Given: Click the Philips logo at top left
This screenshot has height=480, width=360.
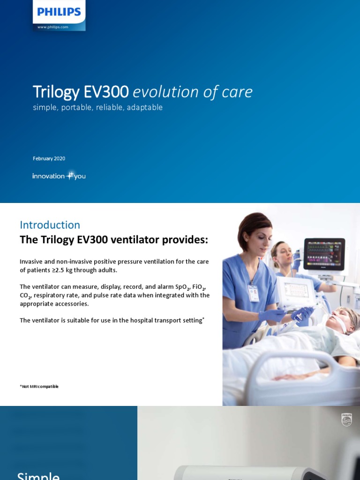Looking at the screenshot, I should coord(59,12).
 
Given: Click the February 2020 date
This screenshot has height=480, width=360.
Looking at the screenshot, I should coord(49,158).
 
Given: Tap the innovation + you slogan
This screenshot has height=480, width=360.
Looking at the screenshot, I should coord(59,176).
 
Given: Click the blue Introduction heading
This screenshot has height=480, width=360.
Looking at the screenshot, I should coord(50,225).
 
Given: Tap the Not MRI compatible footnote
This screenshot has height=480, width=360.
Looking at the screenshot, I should coord(39,386).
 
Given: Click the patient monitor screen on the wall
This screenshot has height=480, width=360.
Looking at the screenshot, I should coord(324,254).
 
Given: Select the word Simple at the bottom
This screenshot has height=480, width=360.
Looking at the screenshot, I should coord(38,475).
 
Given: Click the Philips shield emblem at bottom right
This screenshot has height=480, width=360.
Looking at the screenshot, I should coord(346,420).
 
